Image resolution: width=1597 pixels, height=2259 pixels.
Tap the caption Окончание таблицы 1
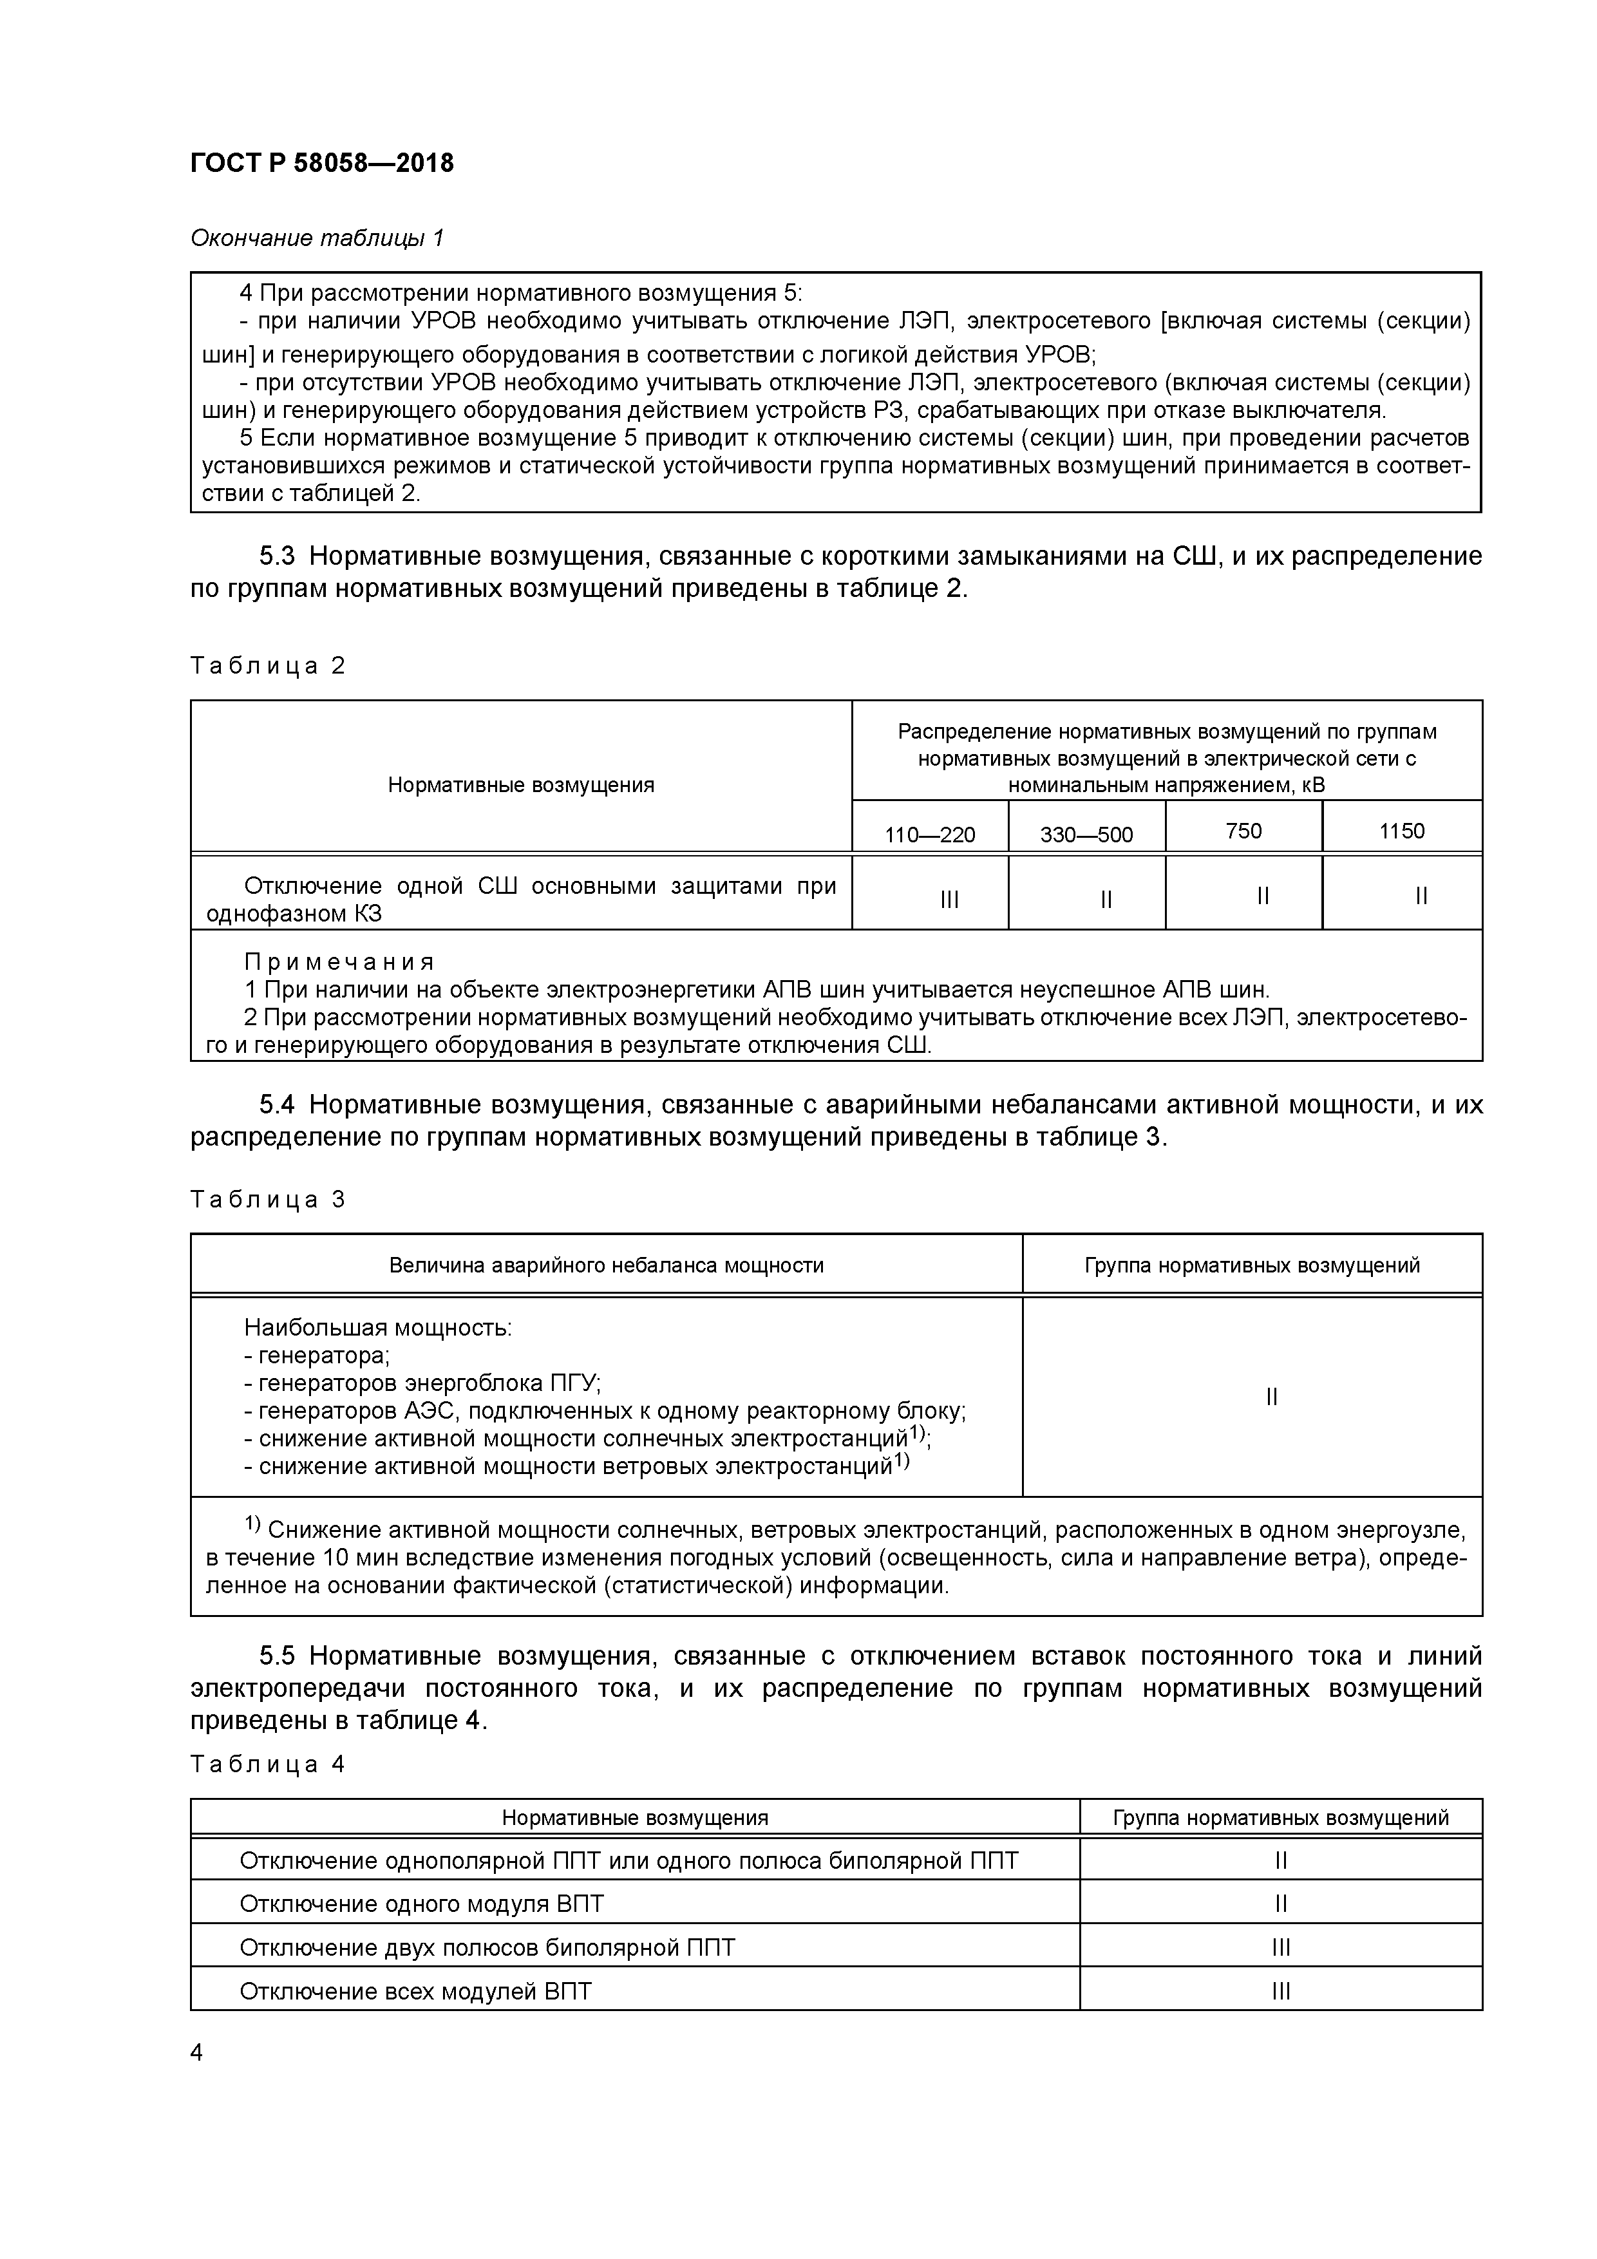pos(317,238)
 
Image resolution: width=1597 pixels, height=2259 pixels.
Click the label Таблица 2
pos(268,666)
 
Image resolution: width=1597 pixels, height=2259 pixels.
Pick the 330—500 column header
pos(1086,835)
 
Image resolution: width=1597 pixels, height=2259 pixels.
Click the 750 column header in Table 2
pos(1243,831)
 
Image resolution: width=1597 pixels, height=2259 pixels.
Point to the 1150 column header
pos(1401,831)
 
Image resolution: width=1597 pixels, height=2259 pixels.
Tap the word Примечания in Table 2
pos(339,961)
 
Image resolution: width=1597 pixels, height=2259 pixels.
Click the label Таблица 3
pos(268,1199)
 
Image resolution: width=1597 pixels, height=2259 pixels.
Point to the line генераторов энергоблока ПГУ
pos(422,1383)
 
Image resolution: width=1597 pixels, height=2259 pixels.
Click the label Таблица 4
pos(268,1764)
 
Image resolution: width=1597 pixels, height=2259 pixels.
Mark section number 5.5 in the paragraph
pos(278,1656)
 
